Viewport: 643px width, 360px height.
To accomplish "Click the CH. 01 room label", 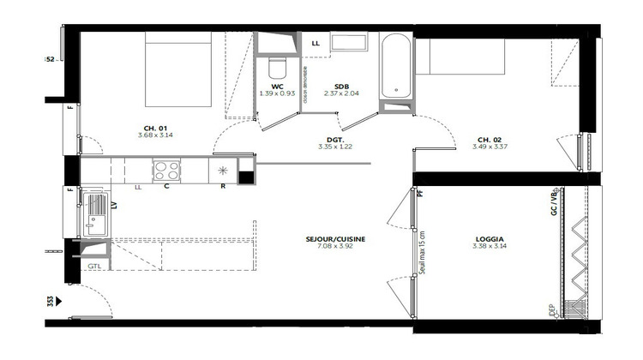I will coord(155,126).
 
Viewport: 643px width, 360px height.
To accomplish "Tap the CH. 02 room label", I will coord(490,139).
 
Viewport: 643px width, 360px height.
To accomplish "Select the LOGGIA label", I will coord(490,239).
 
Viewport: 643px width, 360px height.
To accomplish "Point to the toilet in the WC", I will coord(277,67).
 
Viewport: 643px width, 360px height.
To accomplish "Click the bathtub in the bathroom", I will coord(395,66).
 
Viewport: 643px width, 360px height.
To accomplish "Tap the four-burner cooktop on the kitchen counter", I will coord(166,170).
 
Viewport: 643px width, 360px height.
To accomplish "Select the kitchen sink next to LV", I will coord(93,213).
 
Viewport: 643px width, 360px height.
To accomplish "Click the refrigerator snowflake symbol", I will coord(223,170).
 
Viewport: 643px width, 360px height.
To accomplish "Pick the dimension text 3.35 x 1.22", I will coord(335,147).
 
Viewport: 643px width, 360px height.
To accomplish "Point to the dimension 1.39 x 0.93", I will coord(277,93).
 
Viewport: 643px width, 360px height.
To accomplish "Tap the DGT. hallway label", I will coord(335,139).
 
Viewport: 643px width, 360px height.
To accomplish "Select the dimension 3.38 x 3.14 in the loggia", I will coord(490,248).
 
